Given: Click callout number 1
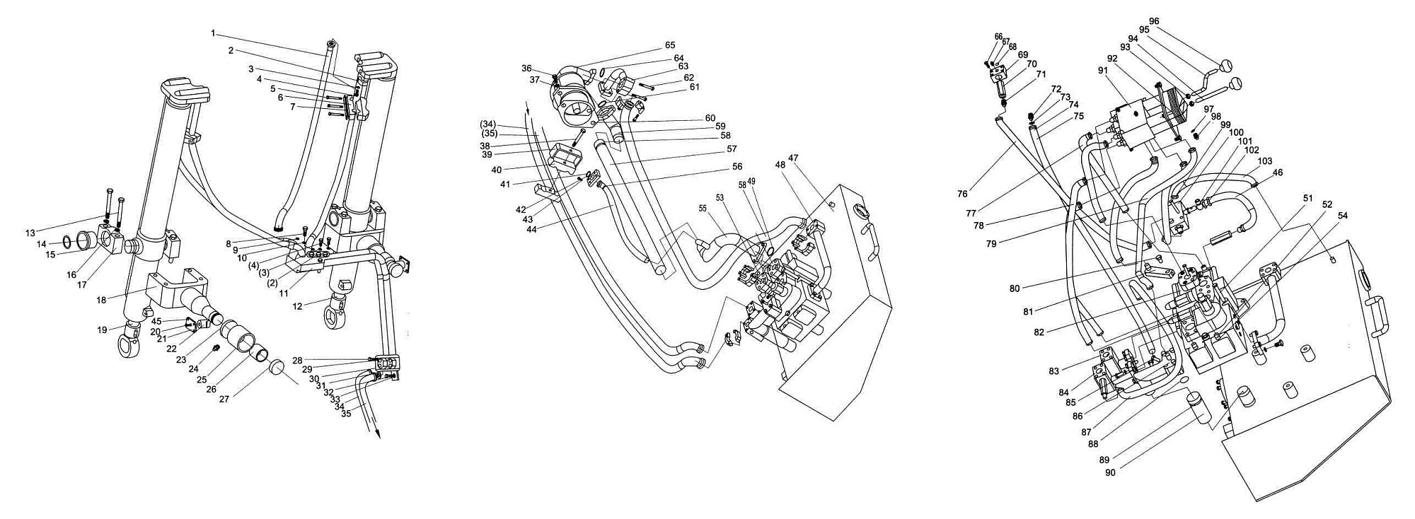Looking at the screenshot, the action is [x=213, y=33].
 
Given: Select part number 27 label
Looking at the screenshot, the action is [x=224, y=400].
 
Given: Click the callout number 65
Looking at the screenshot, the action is [x=670, y=45].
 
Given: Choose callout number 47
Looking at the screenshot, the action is [x=793, y=158].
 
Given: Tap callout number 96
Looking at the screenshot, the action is [x=1154, y=21].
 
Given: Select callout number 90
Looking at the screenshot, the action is [x=1110, y=472].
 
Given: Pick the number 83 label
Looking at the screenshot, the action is [x=1054, y=371].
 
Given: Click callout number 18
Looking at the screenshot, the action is [x=102, y=300].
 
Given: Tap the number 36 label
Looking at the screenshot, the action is [x=526, y=69].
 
